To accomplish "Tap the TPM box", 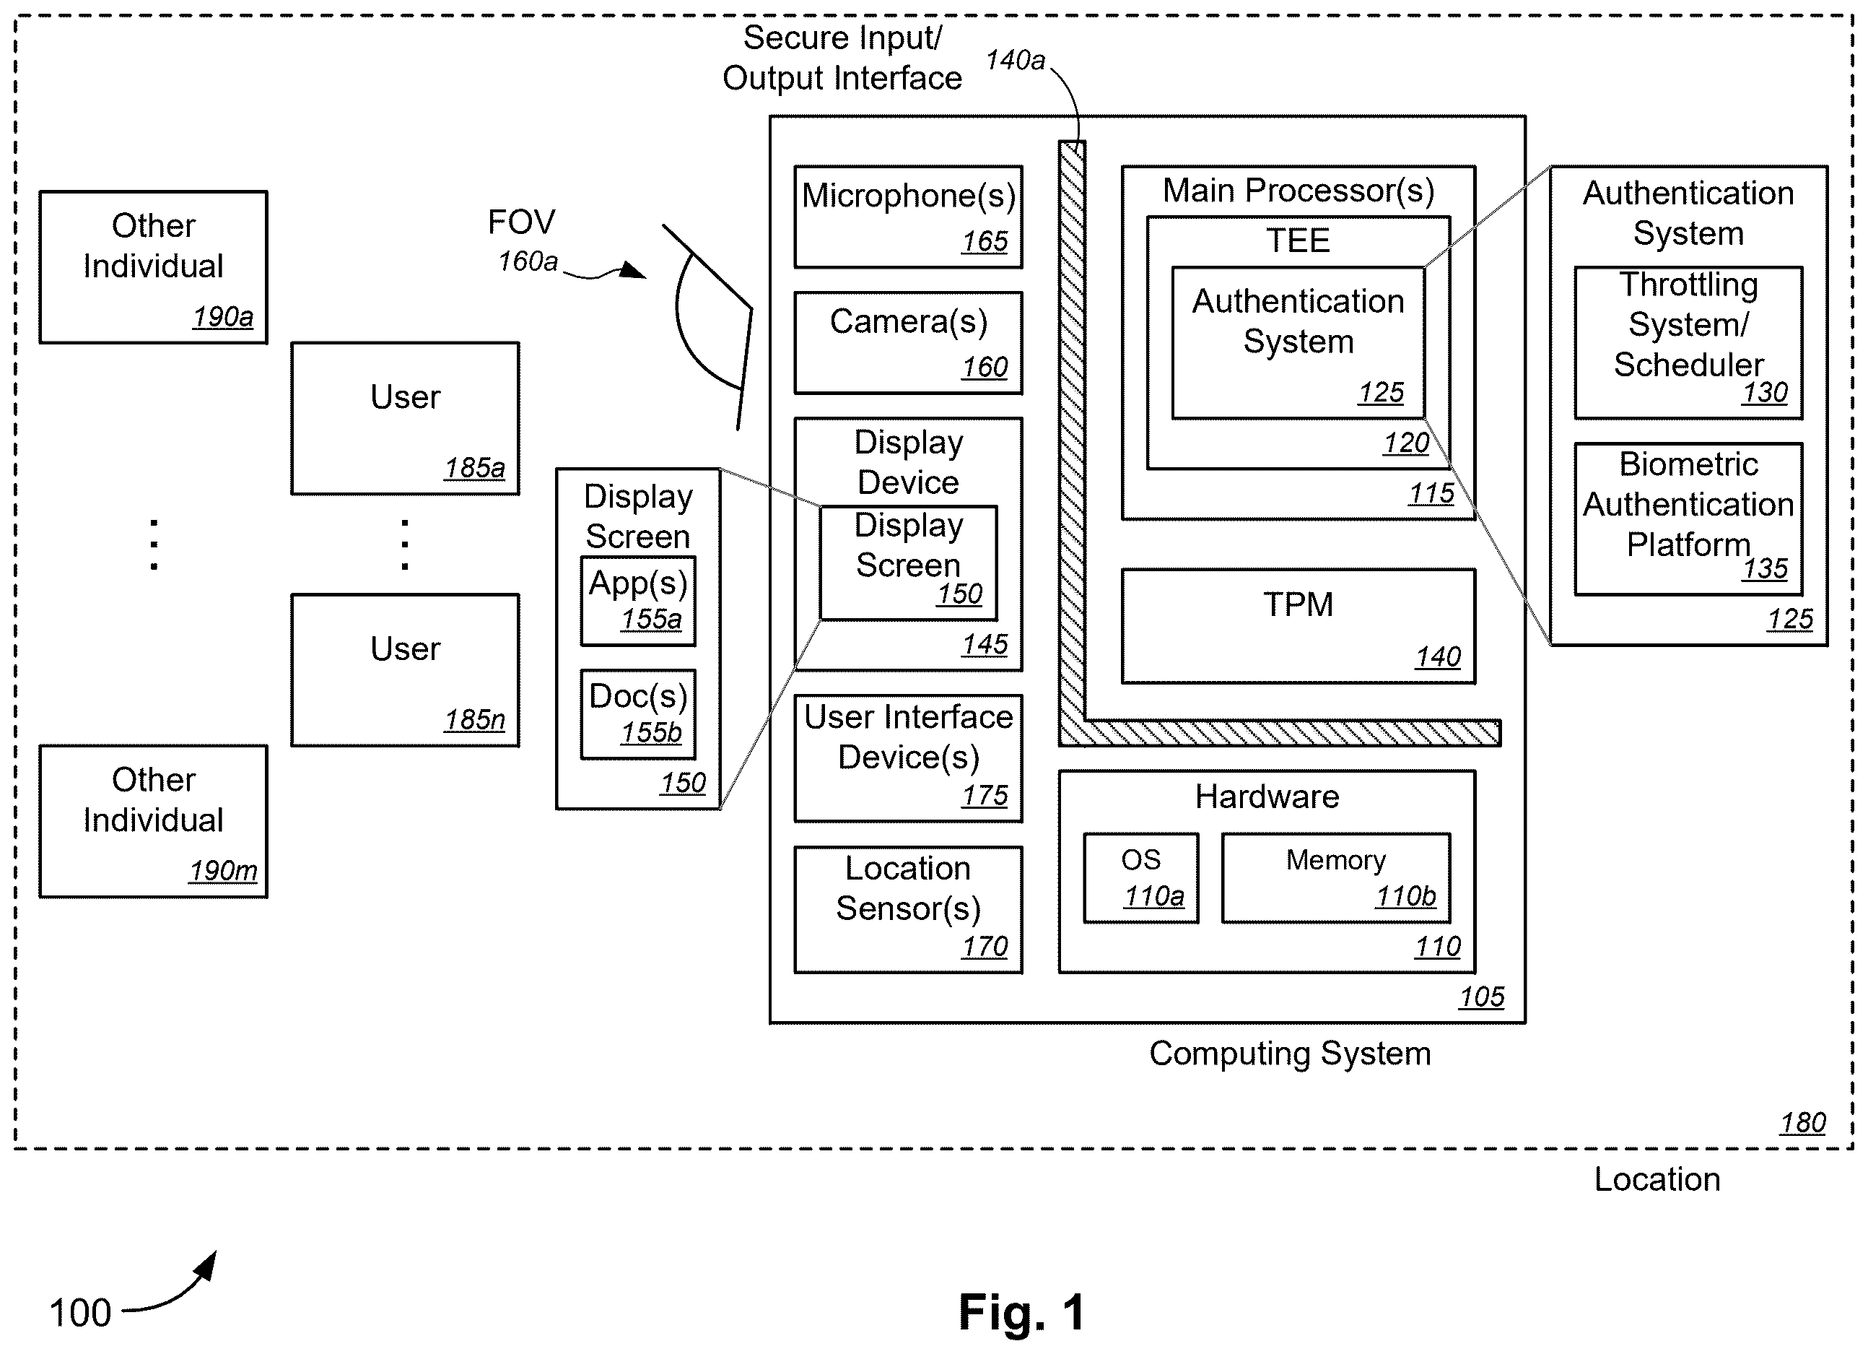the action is [1298, 626].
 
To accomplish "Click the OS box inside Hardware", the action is [1140, 877].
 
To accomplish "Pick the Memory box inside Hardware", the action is [1335, 877].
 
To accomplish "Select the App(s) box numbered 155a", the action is [637, 601].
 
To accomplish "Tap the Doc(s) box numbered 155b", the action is [637, 713].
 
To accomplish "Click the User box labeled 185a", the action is [404, 419].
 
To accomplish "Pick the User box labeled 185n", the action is [404, 670].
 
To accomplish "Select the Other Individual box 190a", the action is [153, 267].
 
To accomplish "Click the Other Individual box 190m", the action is [153, 822].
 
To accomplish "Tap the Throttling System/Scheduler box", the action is [1688, 343].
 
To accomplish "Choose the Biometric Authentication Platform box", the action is [1688, 519].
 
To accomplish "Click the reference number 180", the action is [1802, 1122].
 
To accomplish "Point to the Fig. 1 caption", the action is [1021, 1312].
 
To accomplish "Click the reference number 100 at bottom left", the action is [80, 1313].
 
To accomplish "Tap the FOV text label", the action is [521, 222].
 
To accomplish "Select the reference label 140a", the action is [1015, 60].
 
